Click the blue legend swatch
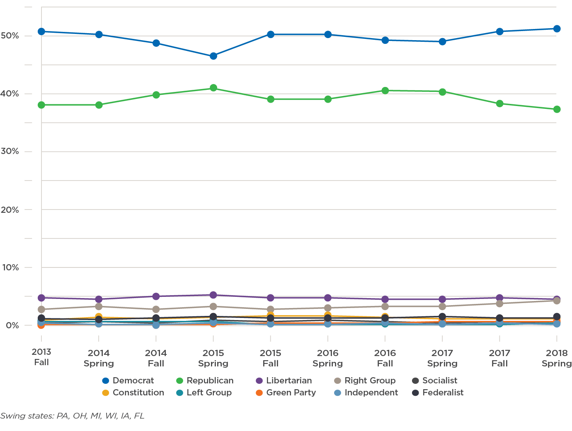tap(108, 381)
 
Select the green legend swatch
tap(182, 381)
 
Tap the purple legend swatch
tap(262, 381)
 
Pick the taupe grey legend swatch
tap(340, 381)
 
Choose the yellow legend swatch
tap(108, 393)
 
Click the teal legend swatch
tap(182, 393)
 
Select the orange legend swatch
tap(262, 393)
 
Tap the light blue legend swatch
tap(340, 393)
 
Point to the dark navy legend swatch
tap(418, 393)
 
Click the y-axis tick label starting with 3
tap(12, 151)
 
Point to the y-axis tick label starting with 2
tap(12, 210)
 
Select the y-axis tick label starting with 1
tap(12, 267)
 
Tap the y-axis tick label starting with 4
tap(12, 94)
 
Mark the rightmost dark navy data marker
tap(557, 317)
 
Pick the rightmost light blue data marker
tap(557, 324)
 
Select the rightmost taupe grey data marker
tap(557, 301)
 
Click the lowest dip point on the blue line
tap(213, 56)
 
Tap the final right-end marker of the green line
tap(557, 109)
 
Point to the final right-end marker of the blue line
tap(557, 28)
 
